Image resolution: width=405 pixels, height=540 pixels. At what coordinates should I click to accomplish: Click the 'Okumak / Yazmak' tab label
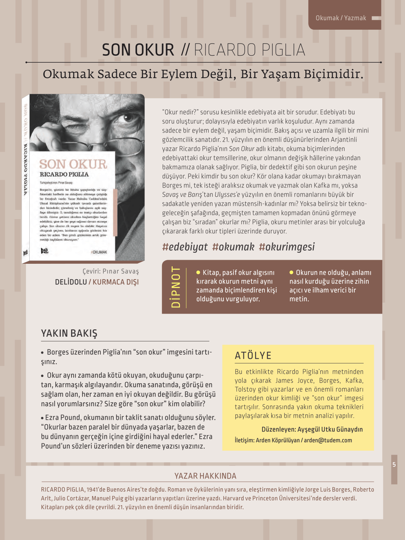[340, 18]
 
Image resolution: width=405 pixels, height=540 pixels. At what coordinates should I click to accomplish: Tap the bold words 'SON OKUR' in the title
[138, 50]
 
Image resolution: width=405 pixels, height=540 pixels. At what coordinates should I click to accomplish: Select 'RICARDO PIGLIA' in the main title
[249, 50]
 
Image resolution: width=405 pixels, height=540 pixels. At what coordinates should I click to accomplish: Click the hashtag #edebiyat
[185, 247]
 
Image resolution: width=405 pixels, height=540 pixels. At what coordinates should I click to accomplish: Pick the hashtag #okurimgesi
[287, 247]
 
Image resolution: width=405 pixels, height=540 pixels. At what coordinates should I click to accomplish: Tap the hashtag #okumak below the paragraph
[233, 247]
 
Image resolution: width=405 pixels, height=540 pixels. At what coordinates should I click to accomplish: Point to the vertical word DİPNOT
[176, 287]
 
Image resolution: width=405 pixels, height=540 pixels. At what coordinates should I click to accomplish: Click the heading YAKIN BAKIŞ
[69, 333]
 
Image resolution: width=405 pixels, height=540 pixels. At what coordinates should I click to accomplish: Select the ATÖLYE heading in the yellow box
[253, 355]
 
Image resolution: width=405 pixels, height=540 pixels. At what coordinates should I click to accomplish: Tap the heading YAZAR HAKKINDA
[205, 476]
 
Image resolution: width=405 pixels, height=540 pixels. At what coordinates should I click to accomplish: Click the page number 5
[394, 465]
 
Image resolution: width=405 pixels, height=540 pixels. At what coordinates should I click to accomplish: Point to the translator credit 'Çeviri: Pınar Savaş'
[111, 271]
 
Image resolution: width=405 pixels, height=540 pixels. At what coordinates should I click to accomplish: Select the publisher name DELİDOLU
[71, 282]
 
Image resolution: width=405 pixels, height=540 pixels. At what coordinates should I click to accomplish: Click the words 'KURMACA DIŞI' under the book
[115, 282]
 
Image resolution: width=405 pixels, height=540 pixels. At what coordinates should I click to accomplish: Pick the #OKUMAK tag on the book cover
[99, 252]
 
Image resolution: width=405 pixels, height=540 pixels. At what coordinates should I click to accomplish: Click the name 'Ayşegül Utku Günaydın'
[330, 429]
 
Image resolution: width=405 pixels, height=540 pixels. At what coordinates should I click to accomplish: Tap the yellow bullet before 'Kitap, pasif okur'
[198, 273]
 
